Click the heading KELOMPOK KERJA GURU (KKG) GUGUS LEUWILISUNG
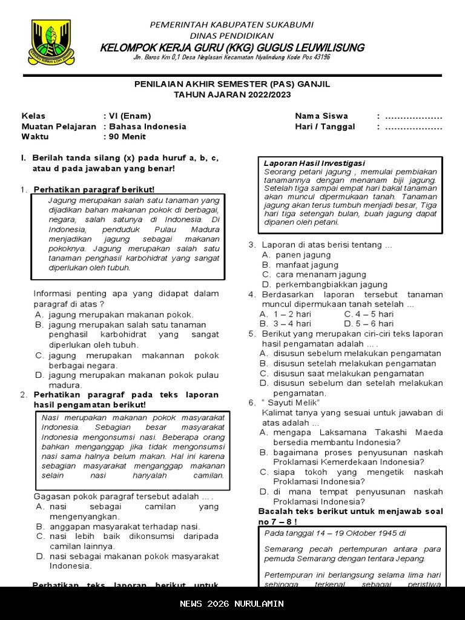coord(232,47)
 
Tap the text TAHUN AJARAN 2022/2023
coord(232,94)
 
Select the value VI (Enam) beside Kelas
coord(129,116)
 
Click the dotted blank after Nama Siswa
coord(414,116)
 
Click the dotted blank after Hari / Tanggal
coord(414,127)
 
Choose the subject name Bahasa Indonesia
coord(147,127)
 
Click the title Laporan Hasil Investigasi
coord(314,163)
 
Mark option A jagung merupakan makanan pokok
coord(114,314)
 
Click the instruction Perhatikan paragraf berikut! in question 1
coord(94,190)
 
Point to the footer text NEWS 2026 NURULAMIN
coord(232,604)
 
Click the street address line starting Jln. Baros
coord(232,58)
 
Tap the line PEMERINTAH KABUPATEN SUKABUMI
coord(232,25)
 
